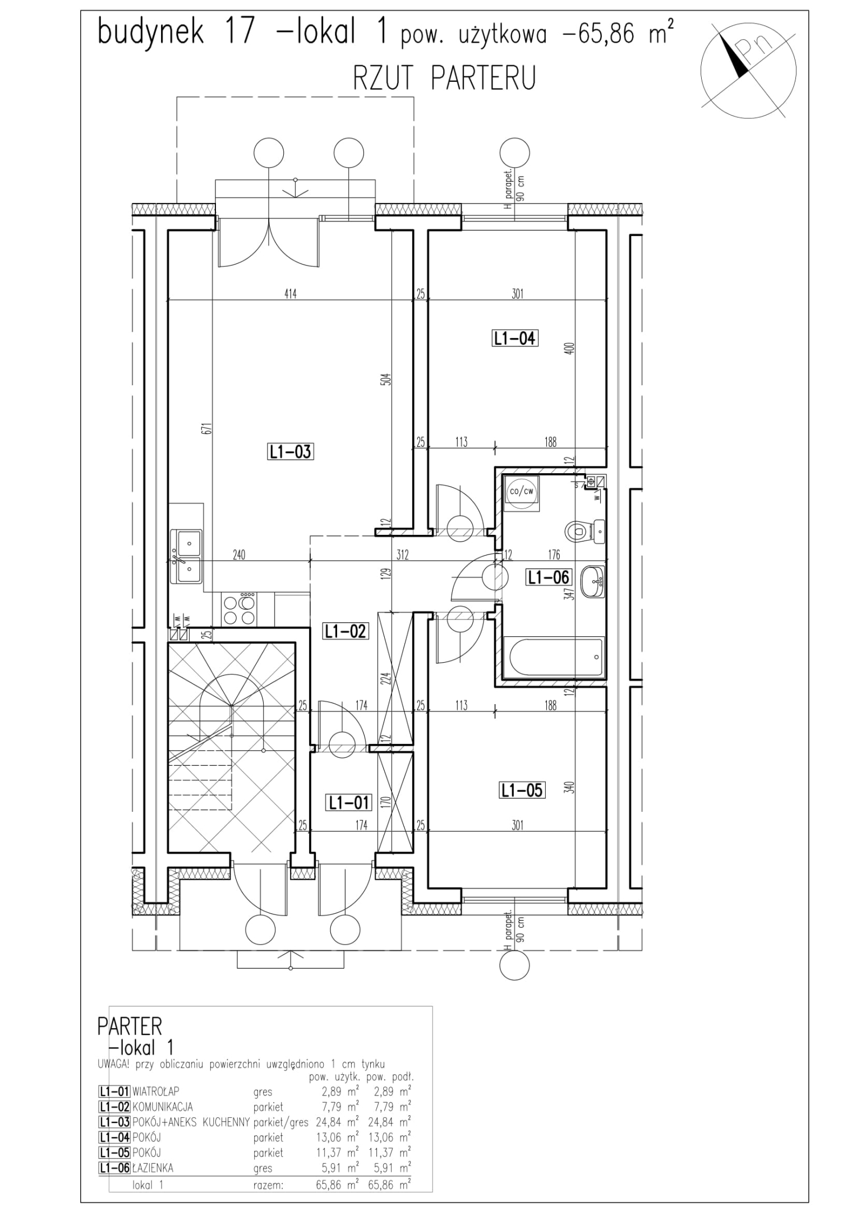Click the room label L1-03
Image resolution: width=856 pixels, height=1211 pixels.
290,451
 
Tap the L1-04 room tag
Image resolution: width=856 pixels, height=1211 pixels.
515,338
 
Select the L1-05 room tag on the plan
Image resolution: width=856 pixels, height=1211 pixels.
522,790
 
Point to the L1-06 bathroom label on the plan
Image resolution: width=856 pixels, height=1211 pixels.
548,577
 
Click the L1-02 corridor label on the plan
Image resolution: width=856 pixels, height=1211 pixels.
345,631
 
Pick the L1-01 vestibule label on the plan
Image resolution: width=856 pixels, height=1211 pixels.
348,803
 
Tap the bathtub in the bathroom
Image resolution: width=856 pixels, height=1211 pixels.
554,658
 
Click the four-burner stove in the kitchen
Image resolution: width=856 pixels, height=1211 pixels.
240,609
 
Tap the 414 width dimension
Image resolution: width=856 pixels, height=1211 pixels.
290,293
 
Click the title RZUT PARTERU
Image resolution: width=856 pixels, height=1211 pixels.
444,78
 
